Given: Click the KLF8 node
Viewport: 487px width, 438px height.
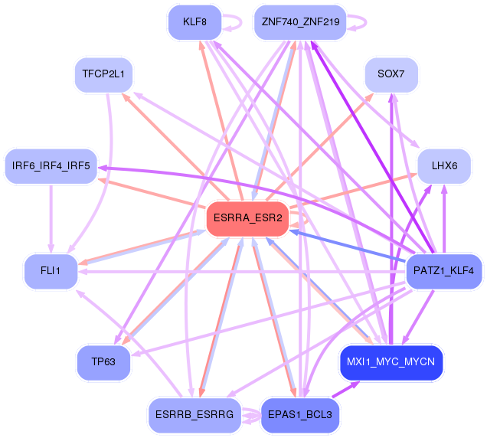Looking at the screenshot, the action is (x=194, y=22).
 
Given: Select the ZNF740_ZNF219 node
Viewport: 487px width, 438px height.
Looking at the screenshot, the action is (x=300, y=22).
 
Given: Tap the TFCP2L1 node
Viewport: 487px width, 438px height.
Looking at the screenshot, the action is (x=103, y=74).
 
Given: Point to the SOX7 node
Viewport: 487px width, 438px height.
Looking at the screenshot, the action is (x=391, y=74).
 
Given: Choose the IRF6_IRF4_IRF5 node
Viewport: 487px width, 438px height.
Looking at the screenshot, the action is (x=51, y=166).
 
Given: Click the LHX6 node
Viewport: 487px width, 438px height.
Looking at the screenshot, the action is (x=444, y=166).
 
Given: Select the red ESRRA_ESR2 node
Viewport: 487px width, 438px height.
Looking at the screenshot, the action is (x=248, y=219).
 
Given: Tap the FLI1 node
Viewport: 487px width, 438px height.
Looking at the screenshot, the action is (x=51, y=271).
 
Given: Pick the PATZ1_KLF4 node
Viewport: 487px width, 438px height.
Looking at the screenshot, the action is (x=444, y=271).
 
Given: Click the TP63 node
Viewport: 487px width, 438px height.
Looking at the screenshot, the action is (x=103, y=362).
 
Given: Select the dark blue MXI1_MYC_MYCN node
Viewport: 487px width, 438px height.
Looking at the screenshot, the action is (x=391, y=362).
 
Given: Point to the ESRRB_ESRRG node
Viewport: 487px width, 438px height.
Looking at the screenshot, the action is (x=194, y=415).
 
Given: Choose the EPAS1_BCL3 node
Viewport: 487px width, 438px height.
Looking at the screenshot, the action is (x=300, y=415).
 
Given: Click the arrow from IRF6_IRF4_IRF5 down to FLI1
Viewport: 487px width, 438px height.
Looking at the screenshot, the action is (x=51, y=219).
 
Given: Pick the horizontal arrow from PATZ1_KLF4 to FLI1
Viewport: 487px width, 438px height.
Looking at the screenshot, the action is (x=242, y=272).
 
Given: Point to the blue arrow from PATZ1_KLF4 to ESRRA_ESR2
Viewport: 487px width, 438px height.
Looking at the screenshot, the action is (x=348, y=245).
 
